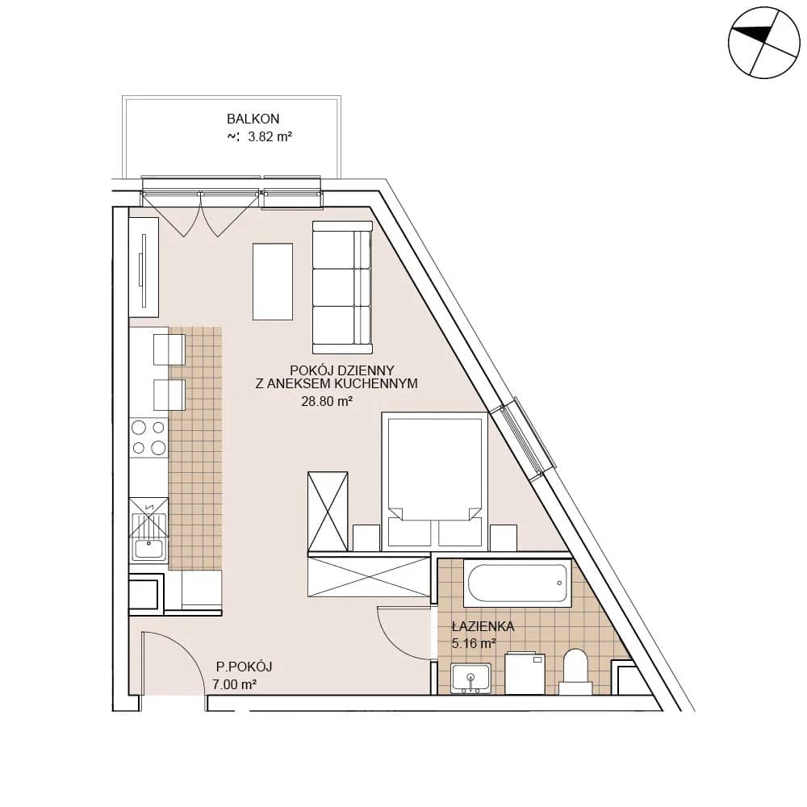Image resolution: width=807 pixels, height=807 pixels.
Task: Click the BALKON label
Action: pos(253,119)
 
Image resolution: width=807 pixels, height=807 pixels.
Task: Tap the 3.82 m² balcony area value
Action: pos(270,137)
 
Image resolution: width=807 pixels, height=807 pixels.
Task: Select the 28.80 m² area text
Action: pos(327,401)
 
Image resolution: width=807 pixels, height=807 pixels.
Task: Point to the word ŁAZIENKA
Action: pos(483,626)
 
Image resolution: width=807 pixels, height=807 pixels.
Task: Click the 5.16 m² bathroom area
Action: pos(474,643)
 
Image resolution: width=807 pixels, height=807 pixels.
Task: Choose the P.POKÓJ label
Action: pos(244,667)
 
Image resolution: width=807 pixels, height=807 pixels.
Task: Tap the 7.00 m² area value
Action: pos(235,684)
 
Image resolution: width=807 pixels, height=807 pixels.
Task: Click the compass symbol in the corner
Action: pos(764,43)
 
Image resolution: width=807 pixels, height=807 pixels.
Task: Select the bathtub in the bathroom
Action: pos(517,583)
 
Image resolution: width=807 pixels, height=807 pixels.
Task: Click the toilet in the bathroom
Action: pos(576,671)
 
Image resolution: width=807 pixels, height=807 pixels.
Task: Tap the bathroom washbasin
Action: pos(470,679)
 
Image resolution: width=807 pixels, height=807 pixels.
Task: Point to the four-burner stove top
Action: pos(148,437)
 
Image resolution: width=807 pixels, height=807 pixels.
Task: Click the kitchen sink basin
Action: pos(148,549)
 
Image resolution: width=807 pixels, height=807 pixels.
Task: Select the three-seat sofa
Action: pos(342,288)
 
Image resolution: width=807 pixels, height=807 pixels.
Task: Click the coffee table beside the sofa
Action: pos(272,282)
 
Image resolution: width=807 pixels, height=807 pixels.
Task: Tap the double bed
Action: pos(434,479)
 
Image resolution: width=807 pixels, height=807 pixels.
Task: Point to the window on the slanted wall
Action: pos(522,439)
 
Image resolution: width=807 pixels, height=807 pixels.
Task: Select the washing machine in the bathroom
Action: pos(525,673)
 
